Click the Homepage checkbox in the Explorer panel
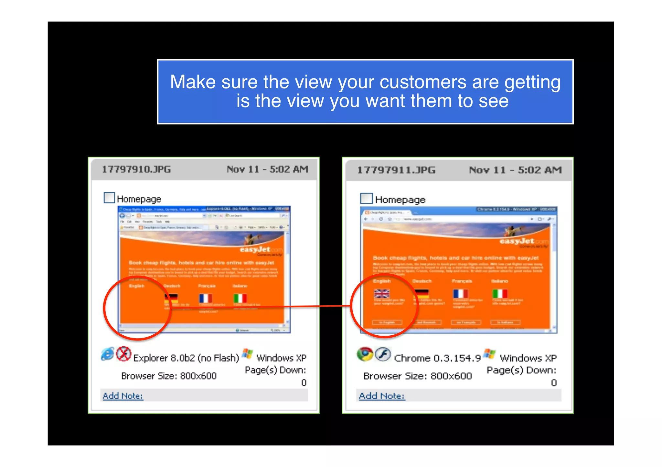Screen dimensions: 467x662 click(x=109, y=198)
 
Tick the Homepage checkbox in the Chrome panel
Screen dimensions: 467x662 click(x=366, y=198)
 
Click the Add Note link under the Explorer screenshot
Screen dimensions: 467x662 click(x=123, y=396)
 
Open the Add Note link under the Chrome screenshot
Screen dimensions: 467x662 click(x=382, y=396)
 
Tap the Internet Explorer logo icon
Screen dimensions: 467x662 click(x=108, y=354)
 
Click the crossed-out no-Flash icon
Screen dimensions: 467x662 click(x=123, y=354)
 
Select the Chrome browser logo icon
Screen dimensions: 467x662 click(x=365, y=354)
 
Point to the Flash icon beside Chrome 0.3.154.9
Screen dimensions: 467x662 click(x=383, y=354)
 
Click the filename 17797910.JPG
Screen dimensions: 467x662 click(x=136, y=169)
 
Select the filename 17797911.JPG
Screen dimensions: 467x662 click(x=396, y=170)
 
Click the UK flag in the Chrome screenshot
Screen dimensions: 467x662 click(x=381, y=293)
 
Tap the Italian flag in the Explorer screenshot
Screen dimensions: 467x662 click(x=240, y=298)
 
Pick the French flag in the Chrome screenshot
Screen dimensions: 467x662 click(x=460, y=293)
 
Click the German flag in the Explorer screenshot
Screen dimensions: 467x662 click(x=171, y=298)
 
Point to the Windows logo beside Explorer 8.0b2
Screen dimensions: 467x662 click(x=247, y=354)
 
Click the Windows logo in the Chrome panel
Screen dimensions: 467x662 click(x=490, y=354)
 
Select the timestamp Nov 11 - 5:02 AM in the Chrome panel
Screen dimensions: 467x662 click(x=515, y=170)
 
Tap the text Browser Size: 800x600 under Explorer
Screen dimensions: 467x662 click(x=169, y=376)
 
